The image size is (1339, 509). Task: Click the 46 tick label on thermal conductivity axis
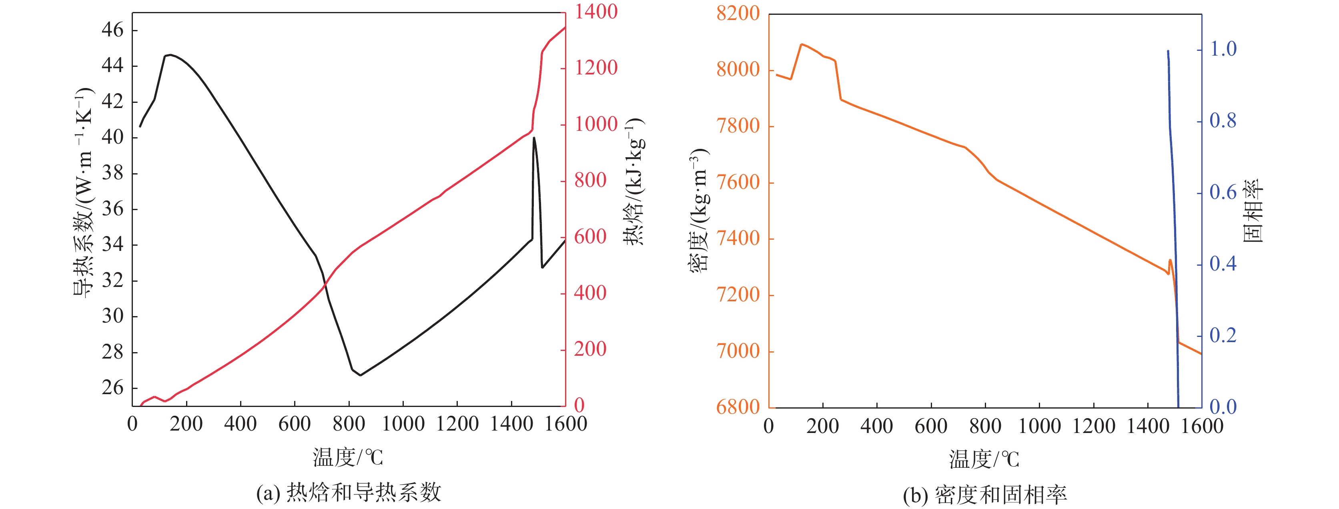tap(113, 30)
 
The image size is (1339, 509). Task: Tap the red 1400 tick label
tap(596, 12)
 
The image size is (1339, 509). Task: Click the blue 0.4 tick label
tap(1223, 264)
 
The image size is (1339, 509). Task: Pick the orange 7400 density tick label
tap(738, 238)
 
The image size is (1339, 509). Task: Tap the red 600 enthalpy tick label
tap(590, 237)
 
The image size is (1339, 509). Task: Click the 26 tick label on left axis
tap(113, 388)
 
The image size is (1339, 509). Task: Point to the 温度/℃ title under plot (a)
tap(348, 457)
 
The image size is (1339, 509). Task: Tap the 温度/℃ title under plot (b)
tap(984, 459)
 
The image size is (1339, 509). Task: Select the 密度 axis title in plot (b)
tap(699, 210)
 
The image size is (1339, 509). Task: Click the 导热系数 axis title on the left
tap(83, 192)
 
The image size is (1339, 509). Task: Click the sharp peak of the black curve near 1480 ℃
tap(534, 138)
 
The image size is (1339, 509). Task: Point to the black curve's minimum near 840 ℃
tap(360, 375)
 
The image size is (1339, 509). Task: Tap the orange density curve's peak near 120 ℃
tap(802, 44)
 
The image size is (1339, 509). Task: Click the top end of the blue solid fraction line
tap(1168, 51)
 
